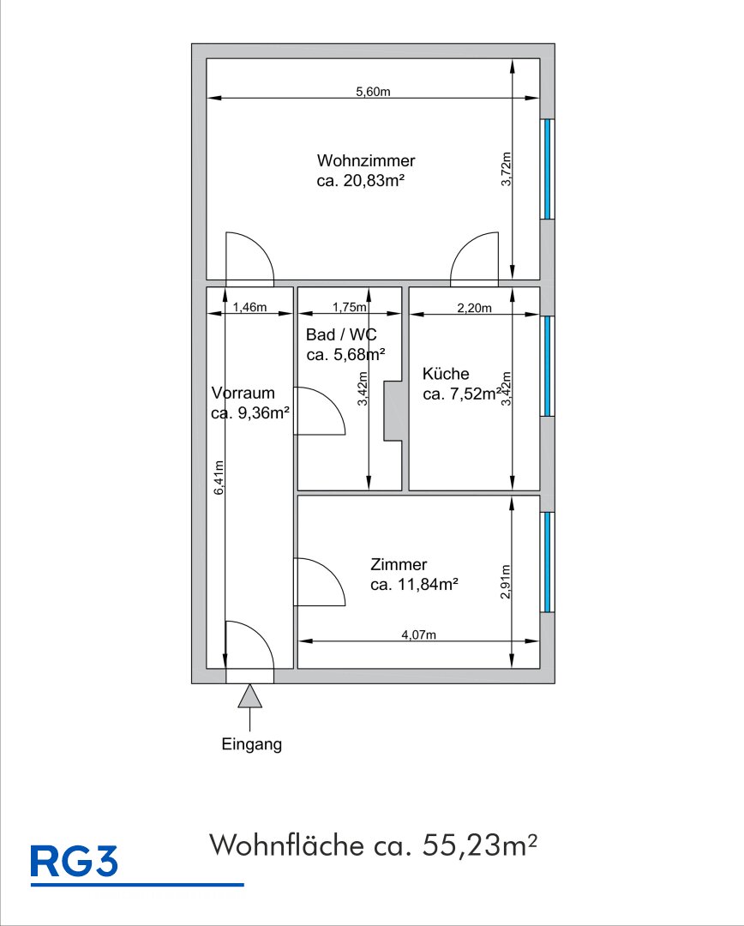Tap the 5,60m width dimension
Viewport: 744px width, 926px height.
point(373,92)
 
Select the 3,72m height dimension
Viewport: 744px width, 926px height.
point(506,169)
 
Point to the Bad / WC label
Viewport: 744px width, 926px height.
point(341,335)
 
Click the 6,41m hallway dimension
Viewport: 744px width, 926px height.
point(219,478)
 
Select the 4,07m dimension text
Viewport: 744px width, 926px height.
point(418,634)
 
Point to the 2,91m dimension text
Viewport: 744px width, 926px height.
point(506,581)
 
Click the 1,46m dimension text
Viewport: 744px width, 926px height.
point(249,307)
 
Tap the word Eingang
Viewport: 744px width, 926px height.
point(251,744)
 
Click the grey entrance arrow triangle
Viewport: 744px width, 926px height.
point(249,697)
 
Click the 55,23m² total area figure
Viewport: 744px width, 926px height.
point(479,845)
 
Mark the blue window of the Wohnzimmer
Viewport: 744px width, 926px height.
point(548,169)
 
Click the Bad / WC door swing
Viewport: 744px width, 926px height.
point(320,411)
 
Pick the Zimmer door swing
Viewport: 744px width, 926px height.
point(320,581)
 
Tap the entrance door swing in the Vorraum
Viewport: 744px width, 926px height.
point(249,645)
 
